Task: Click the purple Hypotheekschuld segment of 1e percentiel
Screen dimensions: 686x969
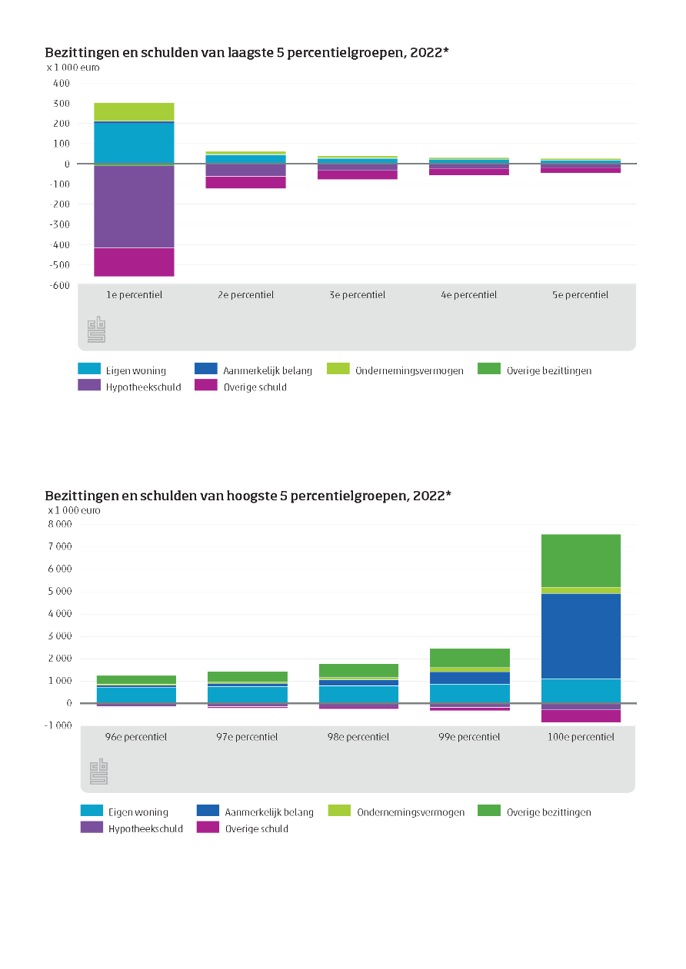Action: [134, 207]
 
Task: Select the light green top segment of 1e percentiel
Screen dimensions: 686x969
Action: [134, 111]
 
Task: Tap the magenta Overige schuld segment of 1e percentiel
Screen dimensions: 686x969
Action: [134, 262]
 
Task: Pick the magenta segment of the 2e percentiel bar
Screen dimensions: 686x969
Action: [245, 182]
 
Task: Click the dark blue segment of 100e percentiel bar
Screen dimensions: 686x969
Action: [581, 635]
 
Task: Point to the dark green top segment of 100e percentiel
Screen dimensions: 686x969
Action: [581, 561]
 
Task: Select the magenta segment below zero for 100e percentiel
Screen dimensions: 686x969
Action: [581, 716]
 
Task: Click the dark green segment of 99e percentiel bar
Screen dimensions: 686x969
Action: [470, 658]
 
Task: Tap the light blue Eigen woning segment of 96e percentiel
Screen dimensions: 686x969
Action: [136, 695]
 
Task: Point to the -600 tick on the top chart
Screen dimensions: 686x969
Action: [59, 285]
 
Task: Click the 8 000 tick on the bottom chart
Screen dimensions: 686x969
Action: [60, 524]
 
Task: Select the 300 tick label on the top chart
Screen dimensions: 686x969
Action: [62, 104]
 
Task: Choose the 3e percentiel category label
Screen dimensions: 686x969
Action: [357, 294]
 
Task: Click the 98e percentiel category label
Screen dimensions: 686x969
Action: [358, 737]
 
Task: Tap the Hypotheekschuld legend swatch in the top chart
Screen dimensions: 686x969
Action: [89, 384]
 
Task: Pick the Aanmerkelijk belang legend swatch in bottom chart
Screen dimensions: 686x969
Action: [208, 810]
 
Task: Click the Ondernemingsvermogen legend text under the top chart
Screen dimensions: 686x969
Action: [409, 370]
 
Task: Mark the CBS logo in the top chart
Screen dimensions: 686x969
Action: [96, 329]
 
